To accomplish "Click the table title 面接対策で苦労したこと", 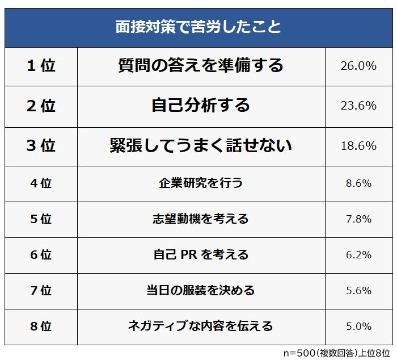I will tap(198, 27).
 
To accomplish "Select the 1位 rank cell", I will tap(41, 66).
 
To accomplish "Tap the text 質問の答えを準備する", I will tap(201, 66).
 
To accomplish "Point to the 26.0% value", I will tap(358, 66).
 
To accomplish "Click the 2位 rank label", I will tap(41, 106).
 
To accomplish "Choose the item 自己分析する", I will tap(201, 106).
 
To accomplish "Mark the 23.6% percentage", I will tap(358, 106).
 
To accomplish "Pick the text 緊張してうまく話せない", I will tap(201, 146).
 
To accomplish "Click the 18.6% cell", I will tap(358, 146).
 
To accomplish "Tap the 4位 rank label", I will tap(41, 183).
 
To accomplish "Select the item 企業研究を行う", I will tap(201, 183).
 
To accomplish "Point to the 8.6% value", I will tap(358, 183).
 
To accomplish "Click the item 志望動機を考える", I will tap(201, 219).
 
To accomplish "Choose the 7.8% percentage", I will tap(358, 219).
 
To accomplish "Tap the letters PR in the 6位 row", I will tap(188, 255).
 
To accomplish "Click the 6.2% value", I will tap(358, 255).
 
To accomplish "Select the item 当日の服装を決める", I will tap(201, 291).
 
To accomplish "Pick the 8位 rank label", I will tap(41, 326).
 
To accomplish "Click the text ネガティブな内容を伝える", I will tap(201, 326).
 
